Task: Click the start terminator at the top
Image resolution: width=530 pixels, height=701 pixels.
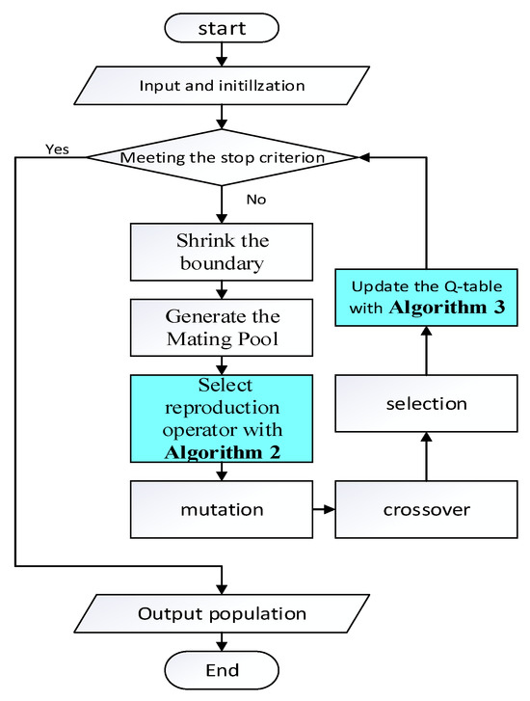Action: click(222, 29)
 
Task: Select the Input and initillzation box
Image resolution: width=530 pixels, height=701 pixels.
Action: click(222, 86)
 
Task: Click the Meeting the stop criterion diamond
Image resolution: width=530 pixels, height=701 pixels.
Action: click(222, 157)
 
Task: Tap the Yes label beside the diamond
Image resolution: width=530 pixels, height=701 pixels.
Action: click(58, 149)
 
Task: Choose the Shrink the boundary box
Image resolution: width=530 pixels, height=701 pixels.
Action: click(222, 251)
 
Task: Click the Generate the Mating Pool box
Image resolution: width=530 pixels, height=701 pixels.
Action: click(222, 328)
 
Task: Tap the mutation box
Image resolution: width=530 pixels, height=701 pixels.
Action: click(222, 508)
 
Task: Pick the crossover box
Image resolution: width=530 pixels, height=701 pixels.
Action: click(427, 508)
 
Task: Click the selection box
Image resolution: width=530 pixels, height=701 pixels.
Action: click(427, 403)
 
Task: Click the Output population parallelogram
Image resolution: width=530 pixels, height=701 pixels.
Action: click(222, 613)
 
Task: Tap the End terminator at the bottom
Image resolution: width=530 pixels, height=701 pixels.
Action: click(222, 669)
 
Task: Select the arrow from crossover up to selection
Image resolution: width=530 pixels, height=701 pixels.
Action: click(427, 458)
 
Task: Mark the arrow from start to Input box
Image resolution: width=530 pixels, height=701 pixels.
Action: click(223, 56)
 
